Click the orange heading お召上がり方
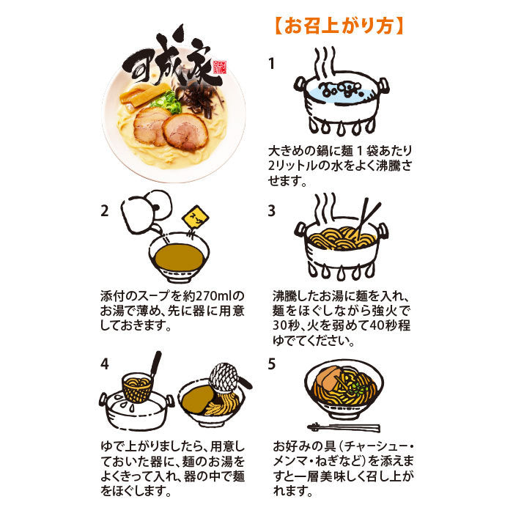[339, 26]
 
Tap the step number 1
[271, 64]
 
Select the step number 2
[104, 211]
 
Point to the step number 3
[272, 211]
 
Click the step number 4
[105, 363]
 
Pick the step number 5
[272, 363]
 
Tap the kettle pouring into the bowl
[147, 211]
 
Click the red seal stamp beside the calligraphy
[220, 68]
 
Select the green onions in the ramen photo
[166, 102]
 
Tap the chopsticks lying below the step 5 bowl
[344, 427]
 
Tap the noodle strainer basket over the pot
[137, 388]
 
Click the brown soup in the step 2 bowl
[179, 257]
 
